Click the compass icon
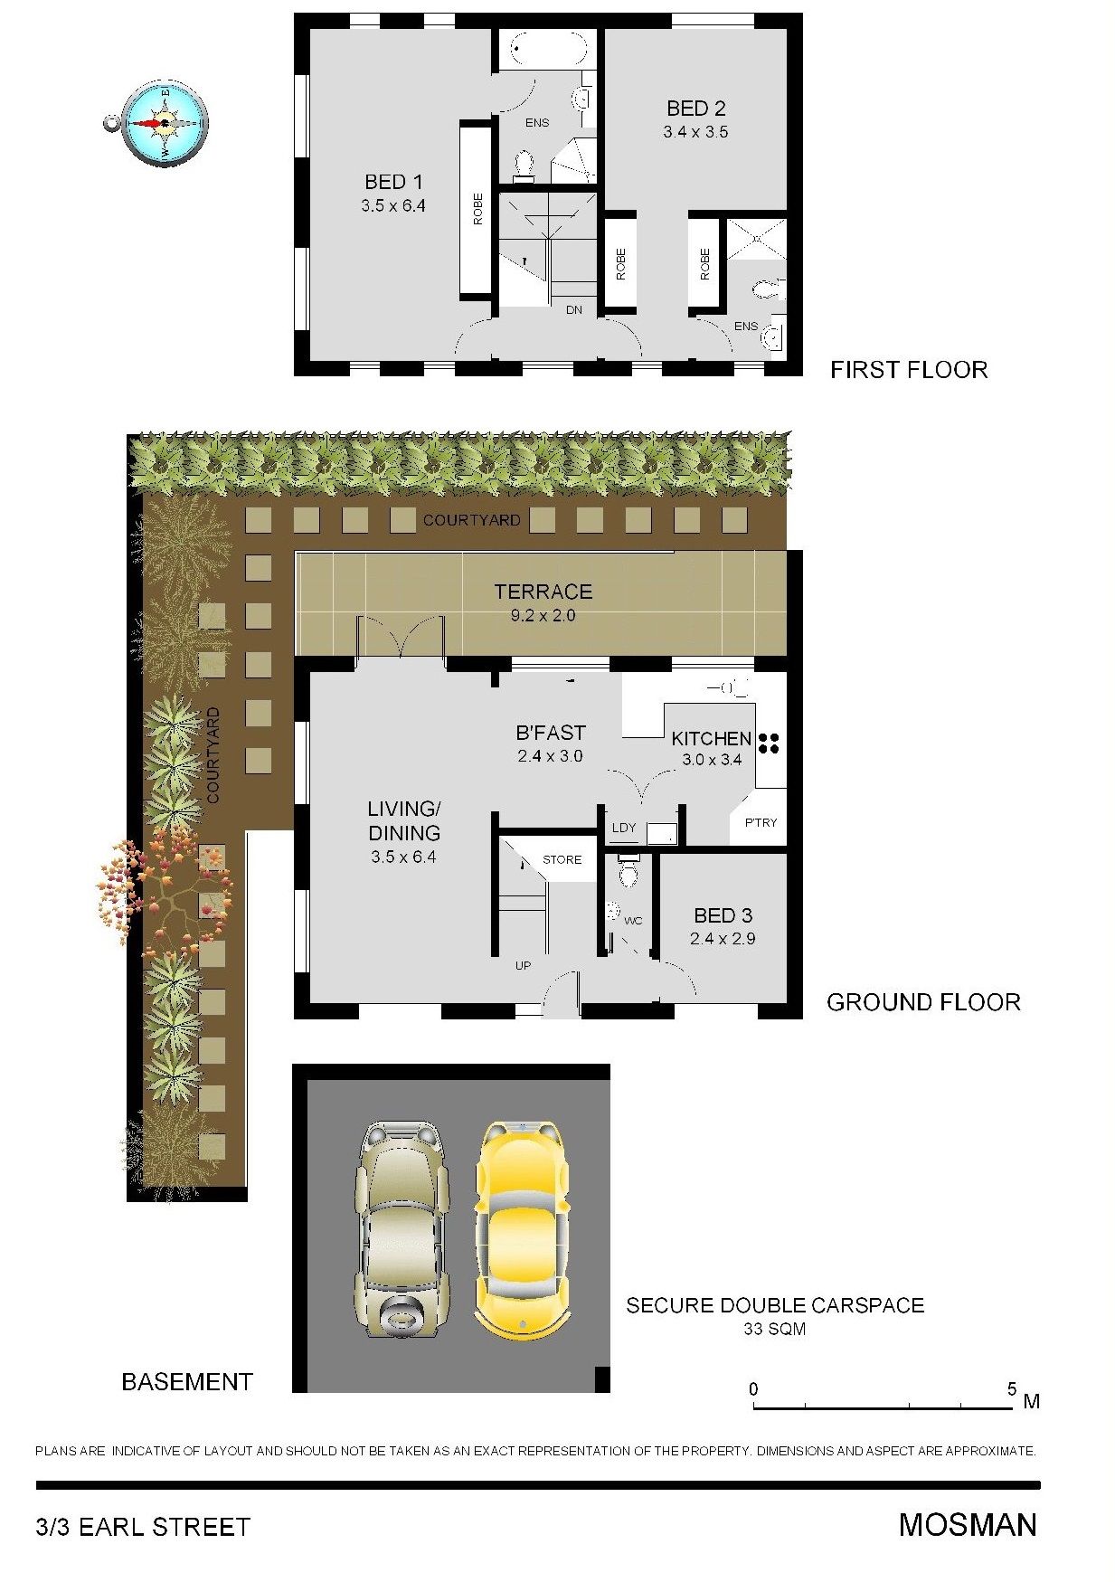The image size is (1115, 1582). (x=159, y=123)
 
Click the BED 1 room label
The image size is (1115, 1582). (x=393, y=182)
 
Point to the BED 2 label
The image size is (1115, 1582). (x=695, y=109)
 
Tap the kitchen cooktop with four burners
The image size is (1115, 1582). (x=769, y=743)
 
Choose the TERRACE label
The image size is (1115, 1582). (x=543, y=592)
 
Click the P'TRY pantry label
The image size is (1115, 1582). (x=761, y=822)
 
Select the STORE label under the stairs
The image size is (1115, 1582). (x=562, y=859)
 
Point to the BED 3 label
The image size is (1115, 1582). (x=723, y=915)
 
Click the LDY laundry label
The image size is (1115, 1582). (x=624, y=828)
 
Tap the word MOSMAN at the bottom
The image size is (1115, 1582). (x=968, y=1525)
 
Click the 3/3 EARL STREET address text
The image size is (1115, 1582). (x=143, y=1527)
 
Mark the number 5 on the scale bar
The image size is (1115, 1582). (x=1012, y=1388)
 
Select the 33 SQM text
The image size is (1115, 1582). (x=774, y=1329)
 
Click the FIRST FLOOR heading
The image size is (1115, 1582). (x=909, y=369)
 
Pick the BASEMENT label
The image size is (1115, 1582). (x=186, y=1381)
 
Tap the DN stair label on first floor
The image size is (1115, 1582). (x=574, y=309)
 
